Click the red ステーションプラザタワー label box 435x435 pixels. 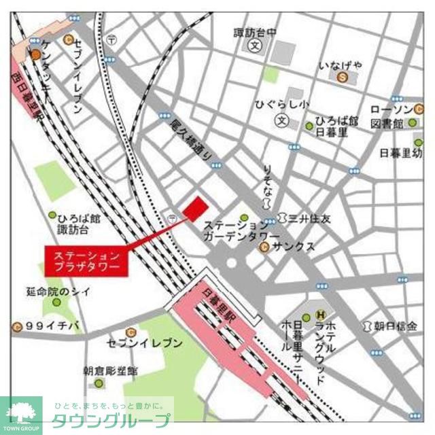86,261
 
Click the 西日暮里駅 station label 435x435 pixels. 27,94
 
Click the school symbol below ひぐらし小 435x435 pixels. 281,120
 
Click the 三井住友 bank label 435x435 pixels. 309,219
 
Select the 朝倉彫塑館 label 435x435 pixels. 110,371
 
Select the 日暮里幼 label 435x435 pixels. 400,153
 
